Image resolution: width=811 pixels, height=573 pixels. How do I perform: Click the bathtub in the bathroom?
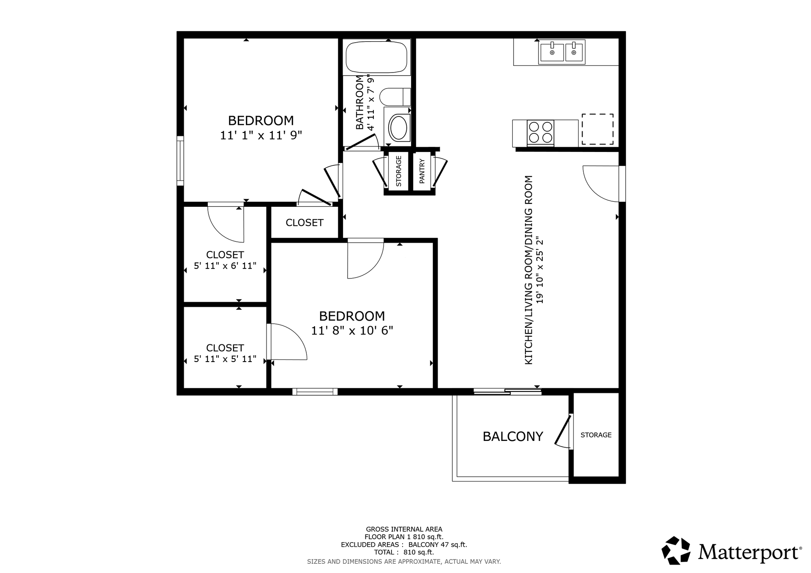377,57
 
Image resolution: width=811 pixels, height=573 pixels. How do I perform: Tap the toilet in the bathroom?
395,97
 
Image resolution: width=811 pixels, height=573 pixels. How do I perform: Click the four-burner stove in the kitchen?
540,132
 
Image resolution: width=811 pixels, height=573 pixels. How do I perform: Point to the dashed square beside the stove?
598,129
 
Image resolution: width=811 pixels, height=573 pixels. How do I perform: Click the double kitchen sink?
562,52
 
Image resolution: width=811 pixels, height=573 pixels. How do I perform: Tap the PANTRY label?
422,171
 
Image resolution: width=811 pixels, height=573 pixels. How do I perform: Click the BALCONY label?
513,436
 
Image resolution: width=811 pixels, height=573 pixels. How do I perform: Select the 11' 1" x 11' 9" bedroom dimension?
261,135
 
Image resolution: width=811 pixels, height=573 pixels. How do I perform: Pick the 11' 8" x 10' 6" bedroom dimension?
352,330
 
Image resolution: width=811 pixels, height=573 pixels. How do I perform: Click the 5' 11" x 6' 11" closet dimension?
225,266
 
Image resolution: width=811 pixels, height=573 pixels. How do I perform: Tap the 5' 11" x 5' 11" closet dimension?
225,359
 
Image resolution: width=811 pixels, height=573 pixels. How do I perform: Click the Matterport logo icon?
676,550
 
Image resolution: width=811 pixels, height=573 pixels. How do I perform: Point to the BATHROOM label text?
359,103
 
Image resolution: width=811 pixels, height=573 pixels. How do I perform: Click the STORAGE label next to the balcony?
596,435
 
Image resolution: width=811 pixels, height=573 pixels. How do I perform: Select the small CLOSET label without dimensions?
305,223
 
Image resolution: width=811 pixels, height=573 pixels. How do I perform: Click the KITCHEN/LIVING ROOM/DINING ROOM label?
528,270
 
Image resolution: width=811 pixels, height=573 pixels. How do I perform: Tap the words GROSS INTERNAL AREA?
404,529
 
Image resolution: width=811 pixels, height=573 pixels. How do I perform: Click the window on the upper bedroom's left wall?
180,160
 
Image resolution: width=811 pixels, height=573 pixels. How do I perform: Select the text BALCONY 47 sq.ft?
438,545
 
